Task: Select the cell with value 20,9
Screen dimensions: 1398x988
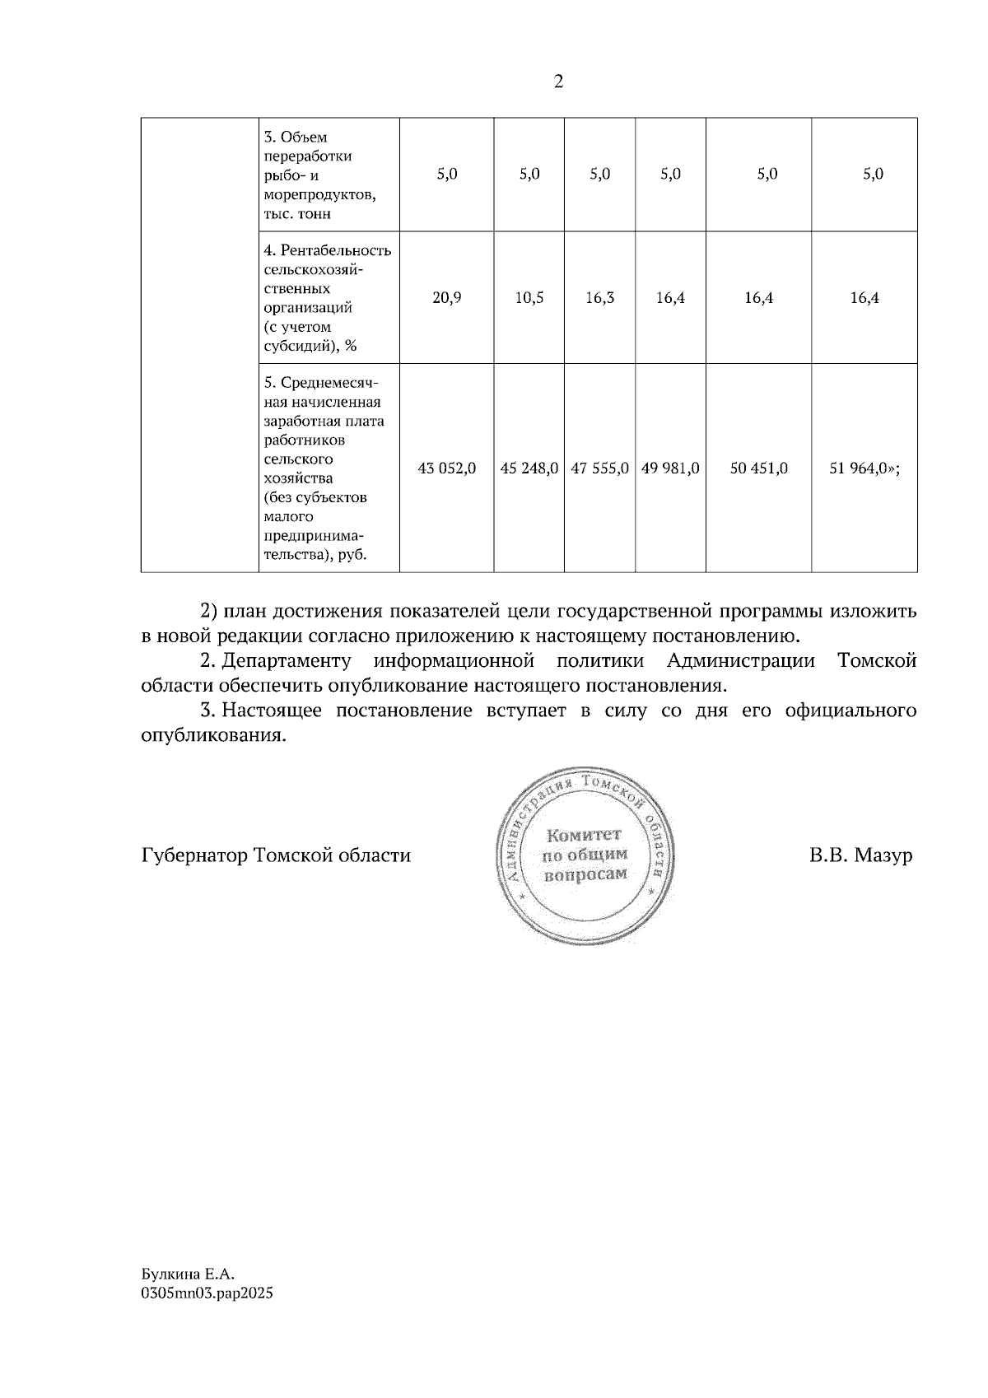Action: click(446, 298)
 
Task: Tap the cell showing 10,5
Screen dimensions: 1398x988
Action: click(529, 298)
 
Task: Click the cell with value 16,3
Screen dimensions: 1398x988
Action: click(599, 298)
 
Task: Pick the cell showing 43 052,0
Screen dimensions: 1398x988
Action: click(446, 468)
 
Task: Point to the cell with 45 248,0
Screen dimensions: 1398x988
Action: click(529, 468)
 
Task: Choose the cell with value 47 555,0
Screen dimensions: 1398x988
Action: click(599, 468)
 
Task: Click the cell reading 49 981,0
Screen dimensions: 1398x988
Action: click(670, 468)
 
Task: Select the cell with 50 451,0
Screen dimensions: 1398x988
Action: click(758, 468)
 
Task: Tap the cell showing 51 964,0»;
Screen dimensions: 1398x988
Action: click(864, 468)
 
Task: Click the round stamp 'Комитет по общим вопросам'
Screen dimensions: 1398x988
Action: click(585, 855)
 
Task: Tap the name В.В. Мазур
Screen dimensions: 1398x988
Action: click(860, 856)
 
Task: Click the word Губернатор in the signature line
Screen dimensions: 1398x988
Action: click(194, 856)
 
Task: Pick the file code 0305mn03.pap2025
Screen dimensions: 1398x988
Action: click(207, 1293)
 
